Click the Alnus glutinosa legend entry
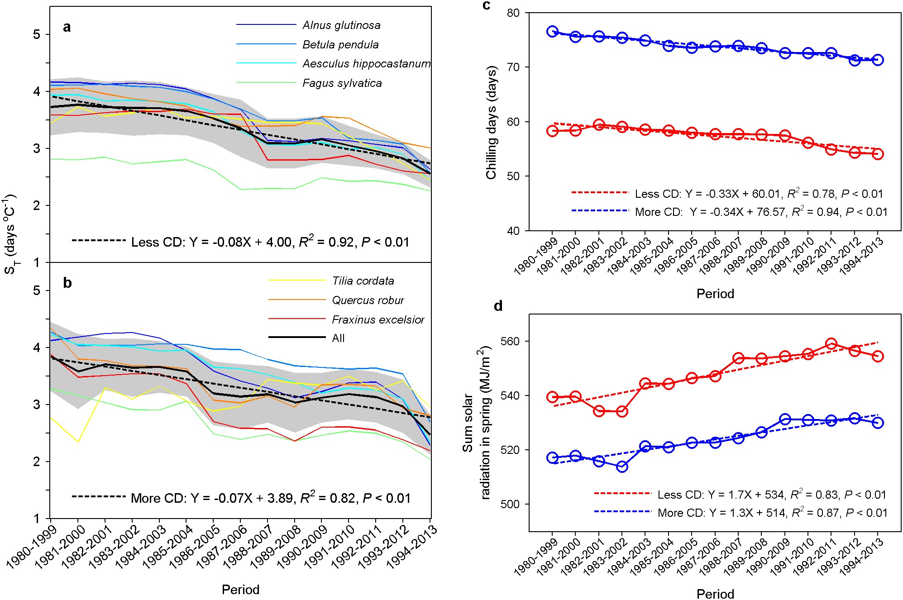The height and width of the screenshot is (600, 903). click(341, 25)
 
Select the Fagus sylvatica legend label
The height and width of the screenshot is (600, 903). click(342, 83)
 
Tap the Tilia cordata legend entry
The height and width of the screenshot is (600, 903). click(363, 281)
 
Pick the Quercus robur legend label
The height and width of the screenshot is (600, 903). click(368, 300)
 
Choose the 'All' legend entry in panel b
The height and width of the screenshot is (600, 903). click(338, 338)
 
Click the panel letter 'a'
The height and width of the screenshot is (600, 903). click(67, 28)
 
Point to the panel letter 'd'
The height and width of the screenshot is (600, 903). click(498, 306)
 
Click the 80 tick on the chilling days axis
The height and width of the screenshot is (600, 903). click(513, 13)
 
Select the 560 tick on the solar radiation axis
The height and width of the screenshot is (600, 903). click(511, 341)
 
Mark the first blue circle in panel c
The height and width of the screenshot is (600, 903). click(552, 31)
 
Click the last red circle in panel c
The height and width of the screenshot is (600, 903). click(878, 154)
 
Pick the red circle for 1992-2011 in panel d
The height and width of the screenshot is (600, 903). click(831, 344)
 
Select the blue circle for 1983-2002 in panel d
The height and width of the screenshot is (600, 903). click(622, 467)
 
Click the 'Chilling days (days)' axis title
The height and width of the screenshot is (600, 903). click(492, 122)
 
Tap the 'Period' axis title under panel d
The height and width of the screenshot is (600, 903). click(715, 594)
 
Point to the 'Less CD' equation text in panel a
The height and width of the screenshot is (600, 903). click(270, 242)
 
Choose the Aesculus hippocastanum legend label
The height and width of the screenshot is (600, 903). click(366, 64)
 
